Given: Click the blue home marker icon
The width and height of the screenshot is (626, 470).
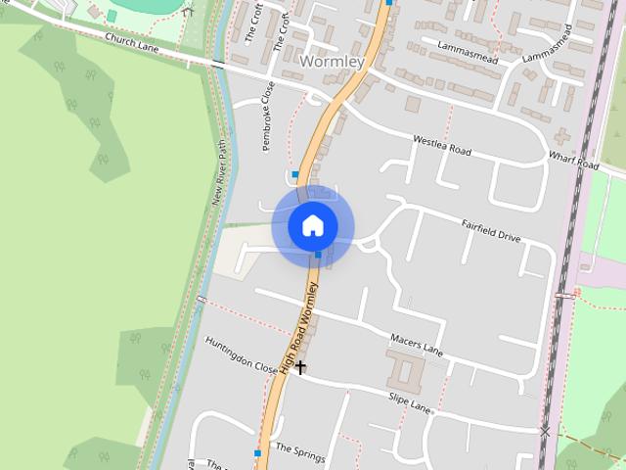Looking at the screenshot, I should [x=313, y=226].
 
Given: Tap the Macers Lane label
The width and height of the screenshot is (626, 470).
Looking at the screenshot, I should [x=417, y=344].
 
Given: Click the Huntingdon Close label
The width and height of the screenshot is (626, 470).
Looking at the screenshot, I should [x=242, y=354].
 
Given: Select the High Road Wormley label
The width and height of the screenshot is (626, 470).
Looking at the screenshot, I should [x=300, y=328].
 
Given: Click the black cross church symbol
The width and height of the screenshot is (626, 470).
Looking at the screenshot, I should [x=300, y=367].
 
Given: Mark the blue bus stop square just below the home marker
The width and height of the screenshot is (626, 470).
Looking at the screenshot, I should [x=318, y=255].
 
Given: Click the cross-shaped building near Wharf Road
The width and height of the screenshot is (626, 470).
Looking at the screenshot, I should [x=562, y=136].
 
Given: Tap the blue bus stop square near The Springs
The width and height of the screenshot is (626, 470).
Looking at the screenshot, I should [x=257, y=453].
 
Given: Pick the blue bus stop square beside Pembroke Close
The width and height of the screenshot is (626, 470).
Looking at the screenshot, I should [x=294, y=174].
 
